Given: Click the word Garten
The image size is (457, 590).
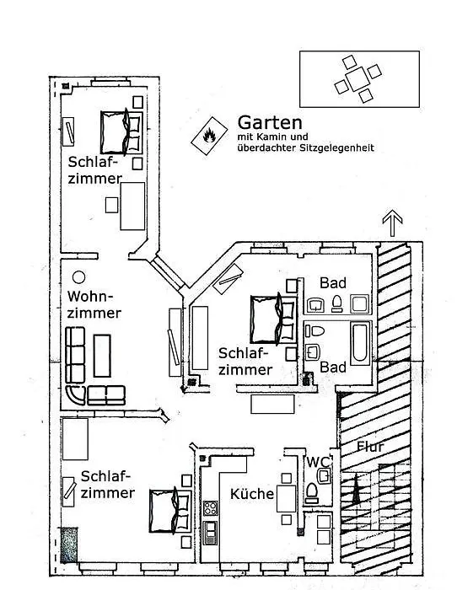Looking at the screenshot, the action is [x=270, y=122].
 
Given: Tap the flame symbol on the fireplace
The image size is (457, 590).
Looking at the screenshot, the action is [x=209, y=136].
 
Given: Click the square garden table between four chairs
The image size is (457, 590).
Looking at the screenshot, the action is [x=358, y=79].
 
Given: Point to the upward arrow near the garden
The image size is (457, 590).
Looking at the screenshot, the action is [x=392, y=223].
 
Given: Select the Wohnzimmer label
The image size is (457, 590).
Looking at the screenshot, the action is [x=94, y=304].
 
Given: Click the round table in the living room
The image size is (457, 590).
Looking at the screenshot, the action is [x=78, y=277].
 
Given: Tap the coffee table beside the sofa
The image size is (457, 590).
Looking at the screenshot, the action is [x=102, y=356].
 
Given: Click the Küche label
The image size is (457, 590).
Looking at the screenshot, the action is [x=252, y=494].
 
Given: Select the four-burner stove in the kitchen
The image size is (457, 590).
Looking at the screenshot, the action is [x=211, y=508].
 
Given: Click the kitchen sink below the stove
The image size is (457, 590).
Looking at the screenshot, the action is [x=211, y=533].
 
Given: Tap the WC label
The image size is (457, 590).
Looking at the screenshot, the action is [x=318, y=462].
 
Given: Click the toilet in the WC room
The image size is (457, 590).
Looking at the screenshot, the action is [x=312, y=493].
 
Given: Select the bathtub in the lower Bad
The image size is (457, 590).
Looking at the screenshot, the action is [x=361, y=343].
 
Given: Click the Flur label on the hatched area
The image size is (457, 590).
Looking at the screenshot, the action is [x=370, y=446].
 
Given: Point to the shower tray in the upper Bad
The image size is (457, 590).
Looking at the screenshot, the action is [x=359, y=304].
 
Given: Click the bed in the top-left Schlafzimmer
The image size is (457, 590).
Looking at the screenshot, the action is [x=121, y=132].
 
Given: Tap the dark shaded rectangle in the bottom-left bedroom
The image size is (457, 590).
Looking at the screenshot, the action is [x=69, y=544].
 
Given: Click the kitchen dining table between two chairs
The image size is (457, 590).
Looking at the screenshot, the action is [x=287, y=499].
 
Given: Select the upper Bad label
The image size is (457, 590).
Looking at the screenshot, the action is [x=333, y=283].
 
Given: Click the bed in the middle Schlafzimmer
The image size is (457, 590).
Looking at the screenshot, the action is [x=273, y=319].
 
